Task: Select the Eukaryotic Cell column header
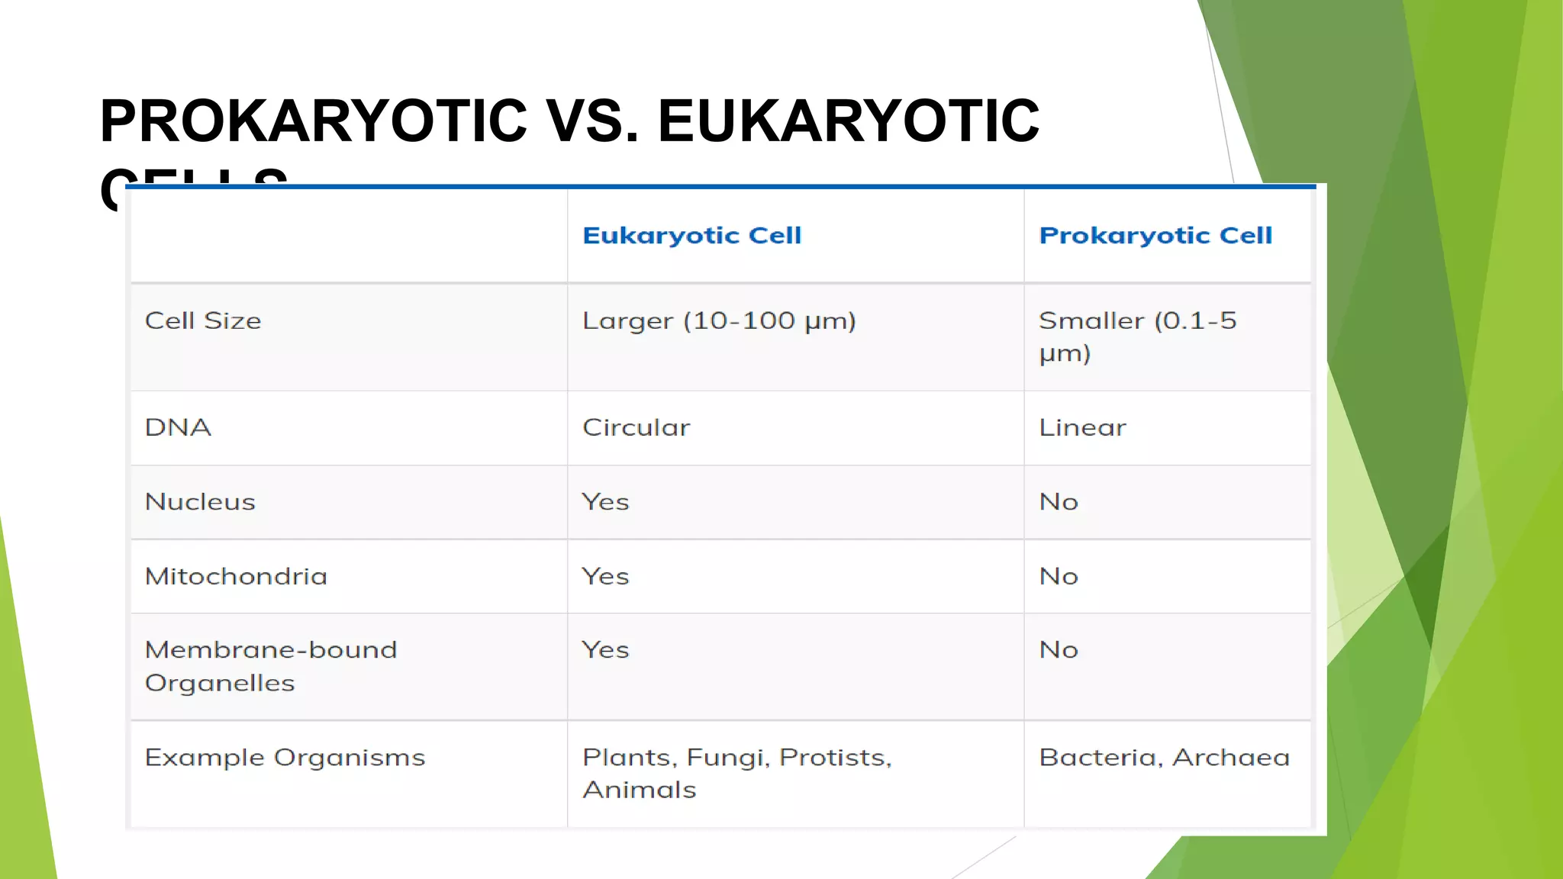(691, 236)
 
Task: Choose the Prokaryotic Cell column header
(1155, 236)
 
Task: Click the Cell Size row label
(203, 321)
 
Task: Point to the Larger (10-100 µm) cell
(719, 321)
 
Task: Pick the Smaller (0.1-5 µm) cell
(1137, 336)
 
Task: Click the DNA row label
(178, 427)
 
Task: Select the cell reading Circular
(636, 427)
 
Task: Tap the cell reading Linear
(1082, 427)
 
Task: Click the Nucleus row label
(200, 502)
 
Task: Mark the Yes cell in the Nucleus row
(605, 502)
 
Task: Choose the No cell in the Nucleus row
(1059, 502)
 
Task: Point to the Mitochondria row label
(236, 576)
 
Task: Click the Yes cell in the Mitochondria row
(605, 576)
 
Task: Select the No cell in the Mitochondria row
(1059, 576)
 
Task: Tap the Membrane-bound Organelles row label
(271, 666)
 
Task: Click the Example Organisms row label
(285, 758)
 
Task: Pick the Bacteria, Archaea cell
(1164, 758)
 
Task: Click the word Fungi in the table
(728, 758)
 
